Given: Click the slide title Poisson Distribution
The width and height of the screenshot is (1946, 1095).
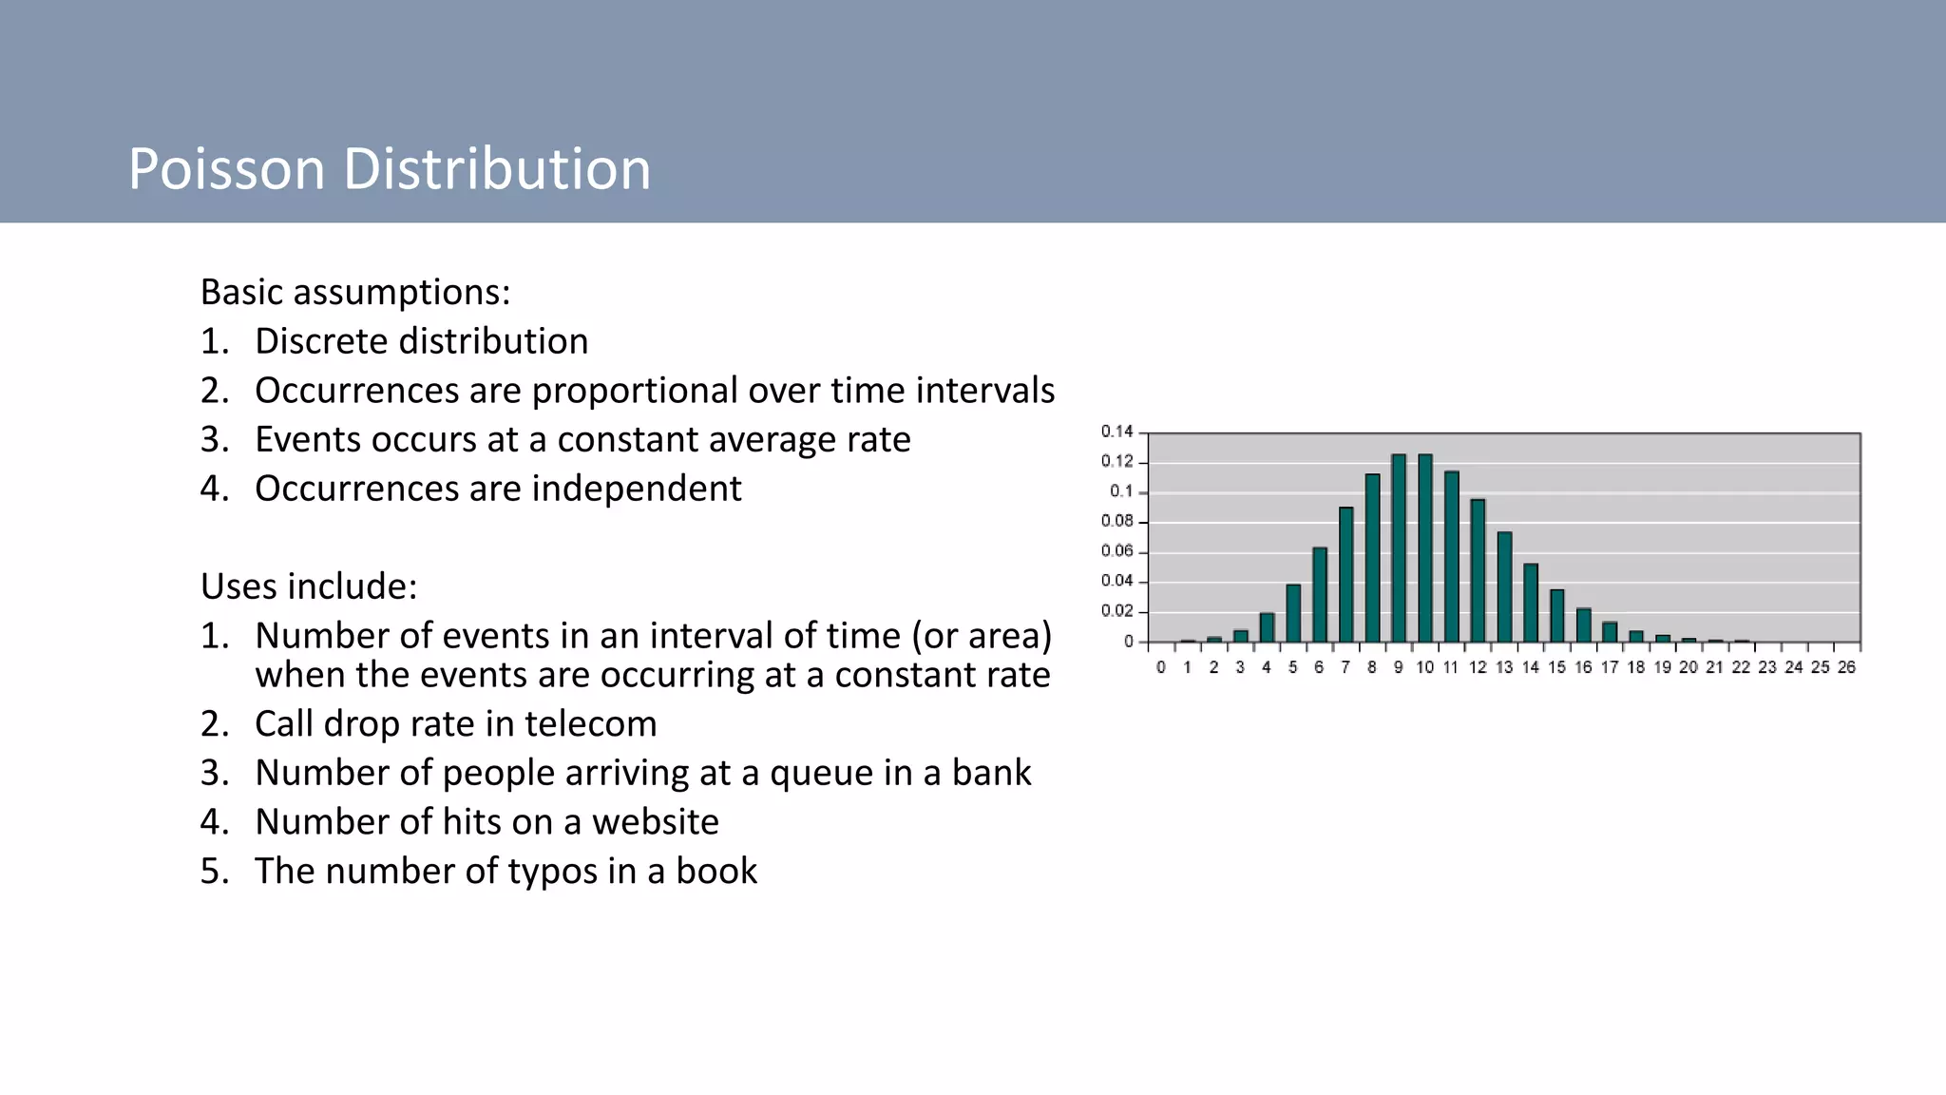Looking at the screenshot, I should [390, 169].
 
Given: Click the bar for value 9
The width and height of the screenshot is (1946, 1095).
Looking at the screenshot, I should [1399, 548].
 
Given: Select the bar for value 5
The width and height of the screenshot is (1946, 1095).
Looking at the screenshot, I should [1293, 613].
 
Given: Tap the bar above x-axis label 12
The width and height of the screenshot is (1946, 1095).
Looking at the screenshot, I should [1478, 570].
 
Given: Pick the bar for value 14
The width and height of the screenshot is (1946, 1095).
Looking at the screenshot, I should [1531, 603].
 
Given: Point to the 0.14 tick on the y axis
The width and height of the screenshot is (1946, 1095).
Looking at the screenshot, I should [1117, 432].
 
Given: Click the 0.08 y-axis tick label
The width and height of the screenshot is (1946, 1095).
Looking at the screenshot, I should [1117, 521].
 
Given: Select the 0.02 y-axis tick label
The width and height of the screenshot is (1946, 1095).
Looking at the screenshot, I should [1117, 611].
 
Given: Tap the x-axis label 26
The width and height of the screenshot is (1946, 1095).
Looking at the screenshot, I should [1846, 667].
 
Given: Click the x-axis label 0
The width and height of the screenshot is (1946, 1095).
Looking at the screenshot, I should [1161, 667].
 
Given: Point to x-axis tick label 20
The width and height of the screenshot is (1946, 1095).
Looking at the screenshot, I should [1688, 667].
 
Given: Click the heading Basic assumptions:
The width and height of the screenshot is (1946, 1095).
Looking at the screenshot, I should [355, 292].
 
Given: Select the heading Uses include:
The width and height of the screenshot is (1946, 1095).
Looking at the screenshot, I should [309, 586].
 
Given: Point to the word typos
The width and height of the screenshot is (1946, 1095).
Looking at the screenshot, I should [552, 872].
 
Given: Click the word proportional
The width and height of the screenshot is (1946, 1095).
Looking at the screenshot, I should [634, 391].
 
